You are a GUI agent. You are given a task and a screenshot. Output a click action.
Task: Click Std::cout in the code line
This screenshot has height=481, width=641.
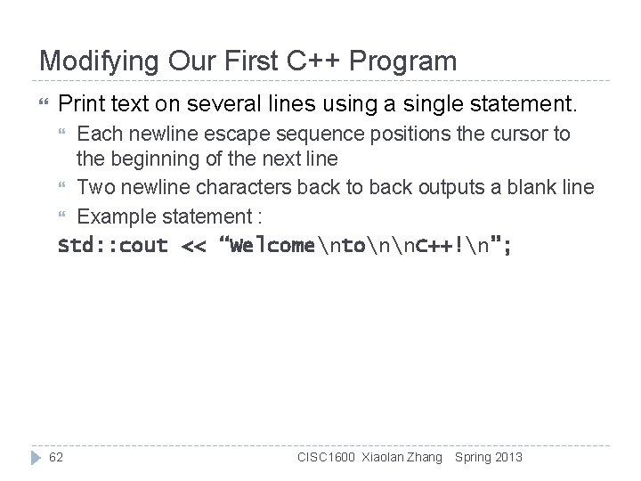point(112,246)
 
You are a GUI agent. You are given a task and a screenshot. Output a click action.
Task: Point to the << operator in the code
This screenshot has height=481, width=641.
point(192,246)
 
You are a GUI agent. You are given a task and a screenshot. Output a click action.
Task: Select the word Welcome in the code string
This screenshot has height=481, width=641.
point(272,246)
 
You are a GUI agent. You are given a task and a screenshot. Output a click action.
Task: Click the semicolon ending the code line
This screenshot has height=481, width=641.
point(507,246)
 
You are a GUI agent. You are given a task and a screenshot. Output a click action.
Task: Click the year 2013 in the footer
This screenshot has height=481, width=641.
point(508,457)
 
